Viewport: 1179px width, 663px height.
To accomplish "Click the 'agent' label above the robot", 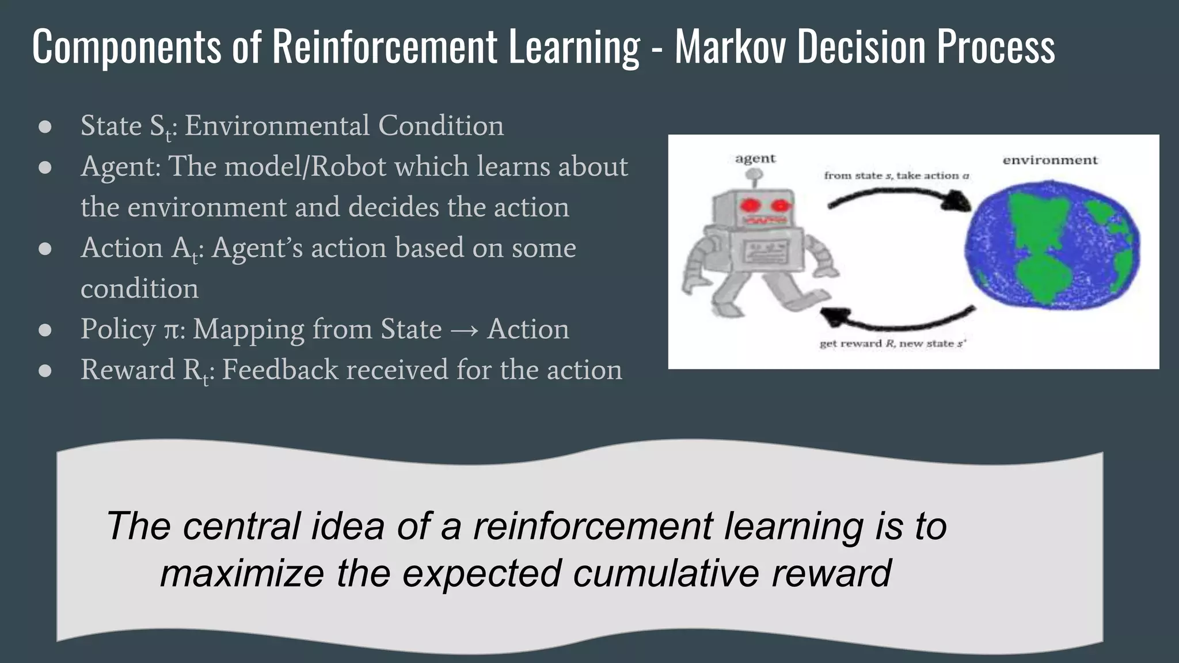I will (x=755, y=158).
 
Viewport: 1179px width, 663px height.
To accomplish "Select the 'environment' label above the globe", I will (x=1050, y=160).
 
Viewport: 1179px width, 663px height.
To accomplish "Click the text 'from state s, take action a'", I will (x=896, y=176).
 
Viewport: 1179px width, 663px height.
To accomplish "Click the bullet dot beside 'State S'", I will (x=45, y=127).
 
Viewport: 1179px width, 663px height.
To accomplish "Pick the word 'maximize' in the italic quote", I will (x=242, y=573).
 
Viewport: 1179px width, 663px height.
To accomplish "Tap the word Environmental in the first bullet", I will (x=276, y=125).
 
